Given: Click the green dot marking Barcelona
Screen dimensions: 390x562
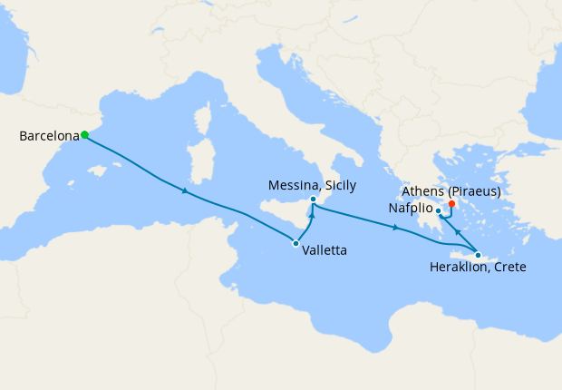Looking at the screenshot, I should tap(84, 135).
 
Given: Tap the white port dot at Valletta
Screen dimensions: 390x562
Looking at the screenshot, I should tap(296, 243).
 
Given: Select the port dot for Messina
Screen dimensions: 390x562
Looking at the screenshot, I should tap(313, 200).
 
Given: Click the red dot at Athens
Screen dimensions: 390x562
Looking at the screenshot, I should tap(451, 204).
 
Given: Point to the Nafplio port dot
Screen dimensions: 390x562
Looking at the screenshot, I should tap(438, 212).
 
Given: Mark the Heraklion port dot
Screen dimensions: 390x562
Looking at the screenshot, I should tap(478, 255).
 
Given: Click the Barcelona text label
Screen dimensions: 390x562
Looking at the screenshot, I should tap(49, 136).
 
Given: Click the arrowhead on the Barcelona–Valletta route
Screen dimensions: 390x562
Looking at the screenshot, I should tap(185, 191).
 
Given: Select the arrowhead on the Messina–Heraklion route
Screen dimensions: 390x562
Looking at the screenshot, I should tap(396, 228).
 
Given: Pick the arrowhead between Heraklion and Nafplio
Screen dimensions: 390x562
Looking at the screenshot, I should tap(458, 232).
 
